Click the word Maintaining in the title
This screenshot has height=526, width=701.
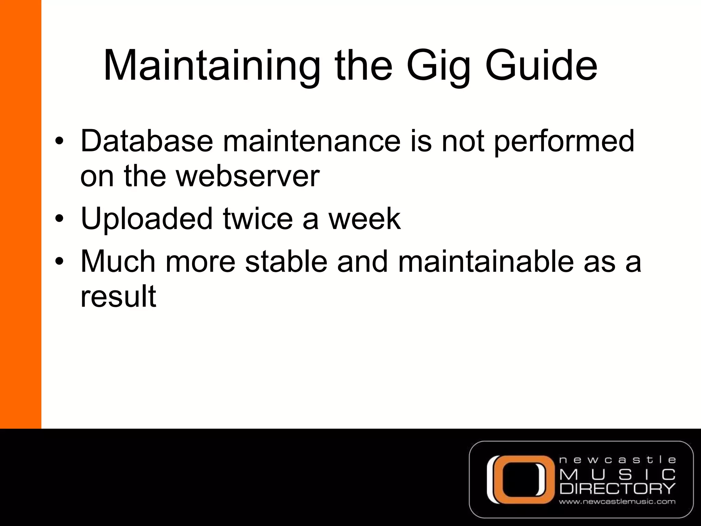click(212, 66)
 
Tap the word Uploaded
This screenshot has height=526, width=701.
click(146, 219)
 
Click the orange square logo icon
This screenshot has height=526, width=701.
click(520, 479)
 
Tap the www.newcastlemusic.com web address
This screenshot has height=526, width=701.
click(617, 502)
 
